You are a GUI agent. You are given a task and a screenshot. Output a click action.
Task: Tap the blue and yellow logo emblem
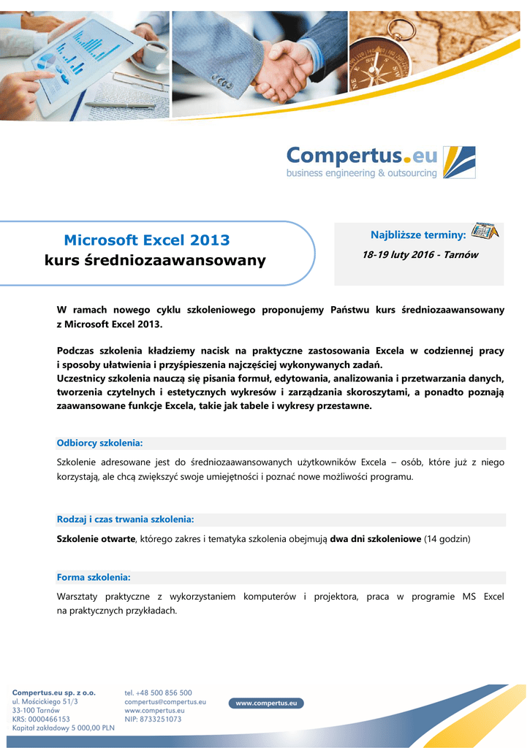(x=460, y=162)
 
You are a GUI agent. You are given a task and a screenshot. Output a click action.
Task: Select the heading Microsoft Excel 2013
(x=147, y=240)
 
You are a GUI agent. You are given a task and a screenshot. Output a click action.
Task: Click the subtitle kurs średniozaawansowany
(x=156, y=260)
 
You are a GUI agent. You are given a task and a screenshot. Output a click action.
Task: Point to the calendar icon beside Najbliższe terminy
(x=484, y=232)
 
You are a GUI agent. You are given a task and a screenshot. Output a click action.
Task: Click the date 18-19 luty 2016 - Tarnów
(x=420, y=255)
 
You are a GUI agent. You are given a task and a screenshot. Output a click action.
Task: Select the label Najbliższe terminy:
(x=418, y=234)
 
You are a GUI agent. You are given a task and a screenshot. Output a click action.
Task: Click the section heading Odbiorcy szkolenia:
(x=99, y=443)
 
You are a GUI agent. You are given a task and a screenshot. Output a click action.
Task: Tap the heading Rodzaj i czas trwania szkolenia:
(x=125, y=519)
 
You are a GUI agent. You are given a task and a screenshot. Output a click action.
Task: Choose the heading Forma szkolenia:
(x=94, y=577)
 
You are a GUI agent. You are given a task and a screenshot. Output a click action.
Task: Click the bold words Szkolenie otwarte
(x=96, y=538)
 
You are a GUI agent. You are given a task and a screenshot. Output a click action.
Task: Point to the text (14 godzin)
(x=447, y=538)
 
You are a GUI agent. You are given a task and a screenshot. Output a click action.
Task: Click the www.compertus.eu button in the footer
(x=266, y=703)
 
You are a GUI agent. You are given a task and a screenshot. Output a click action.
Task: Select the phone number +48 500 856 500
(x=159, y=692)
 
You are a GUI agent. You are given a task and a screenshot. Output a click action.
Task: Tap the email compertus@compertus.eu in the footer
(x=165, y=701)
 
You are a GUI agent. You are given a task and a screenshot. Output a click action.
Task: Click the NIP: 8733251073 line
(x=153, y=719)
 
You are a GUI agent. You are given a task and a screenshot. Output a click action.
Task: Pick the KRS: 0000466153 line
(x=41, y=719)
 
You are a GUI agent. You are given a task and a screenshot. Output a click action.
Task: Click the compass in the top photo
(x=379, y=58)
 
